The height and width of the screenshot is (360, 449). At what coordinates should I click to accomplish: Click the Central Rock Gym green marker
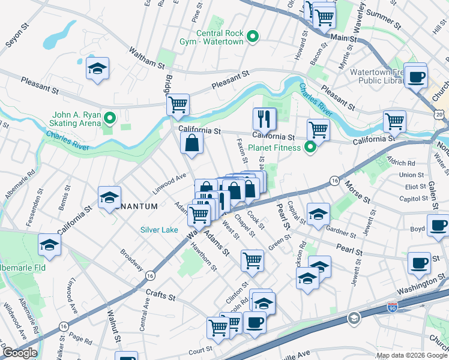tap(253, 37)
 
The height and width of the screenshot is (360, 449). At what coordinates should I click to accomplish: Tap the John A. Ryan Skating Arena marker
tap(109, 117)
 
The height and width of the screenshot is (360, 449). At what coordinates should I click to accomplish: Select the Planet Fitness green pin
tap(310, 146)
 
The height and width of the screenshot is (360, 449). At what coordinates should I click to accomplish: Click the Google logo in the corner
tap(19, 353)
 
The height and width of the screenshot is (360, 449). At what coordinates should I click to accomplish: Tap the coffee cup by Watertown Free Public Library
tap(415, 76)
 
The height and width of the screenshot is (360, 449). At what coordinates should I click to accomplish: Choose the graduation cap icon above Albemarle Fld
tap(49, 245)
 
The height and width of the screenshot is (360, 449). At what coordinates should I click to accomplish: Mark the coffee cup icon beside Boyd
tap(438, 226)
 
